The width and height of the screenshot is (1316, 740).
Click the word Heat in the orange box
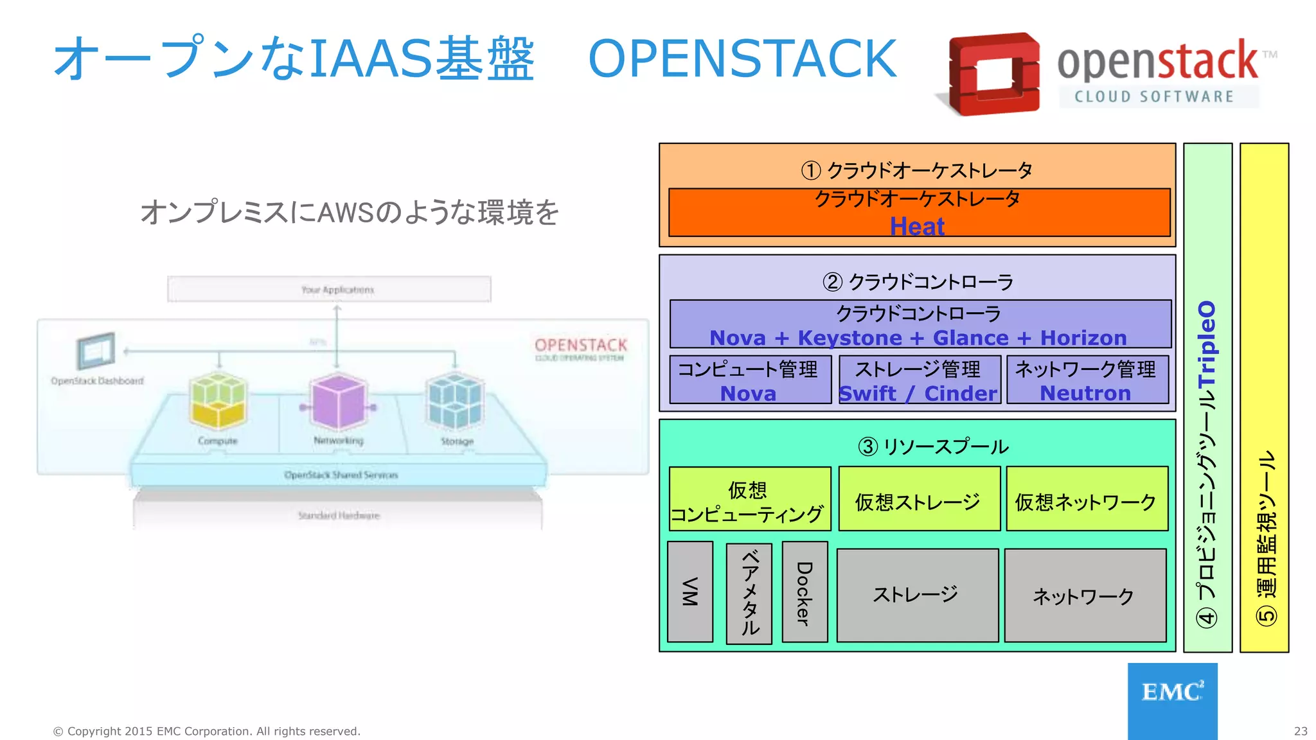[917, 226]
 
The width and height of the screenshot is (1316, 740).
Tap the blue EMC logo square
[1172, 700]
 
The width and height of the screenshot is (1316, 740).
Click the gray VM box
[690, 592]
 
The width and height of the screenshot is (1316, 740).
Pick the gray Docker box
[805, 592]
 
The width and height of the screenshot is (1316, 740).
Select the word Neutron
[1085, 393]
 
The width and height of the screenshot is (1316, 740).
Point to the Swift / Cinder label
[919, 393]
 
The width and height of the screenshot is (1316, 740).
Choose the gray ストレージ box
[917, 595]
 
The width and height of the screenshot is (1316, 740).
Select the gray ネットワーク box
[1085, 595]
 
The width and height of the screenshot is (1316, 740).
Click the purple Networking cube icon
[339, 402]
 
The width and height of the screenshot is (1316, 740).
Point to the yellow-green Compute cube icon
[218, 401]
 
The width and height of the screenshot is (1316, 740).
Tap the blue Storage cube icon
[455, 401]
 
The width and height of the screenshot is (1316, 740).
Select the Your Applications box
[329, 289]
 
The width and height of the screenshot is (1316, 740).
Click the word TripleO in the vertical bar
[1207, 344]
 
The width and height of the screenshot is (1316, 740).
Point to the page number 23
[1300, 731]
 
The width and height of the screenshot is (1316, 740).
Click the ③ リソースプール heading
[933, 446]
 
